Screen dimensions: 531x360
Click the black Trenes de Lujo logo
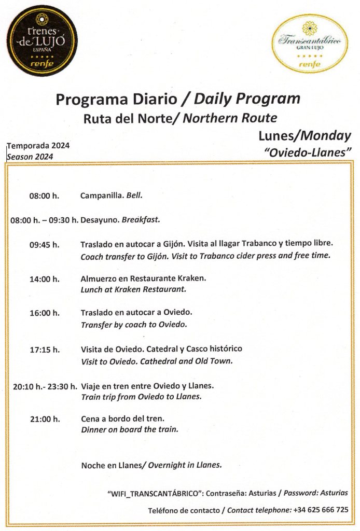[41, 44]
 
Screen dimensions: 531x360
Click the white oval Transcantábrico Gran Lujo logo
[310, 44]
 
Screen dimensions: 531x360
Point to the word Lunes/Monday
[304, 136]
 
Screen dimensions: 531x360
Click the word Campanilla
[102, 196]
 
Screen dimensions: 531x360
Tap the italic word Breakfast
[141, 220]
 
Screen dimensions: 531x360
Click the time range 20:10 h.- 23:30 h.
[45, 386]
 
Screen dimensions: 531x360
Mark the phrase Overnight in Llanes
[185, 465]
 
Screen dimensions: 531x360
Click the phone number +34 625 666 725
[321, 510]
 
